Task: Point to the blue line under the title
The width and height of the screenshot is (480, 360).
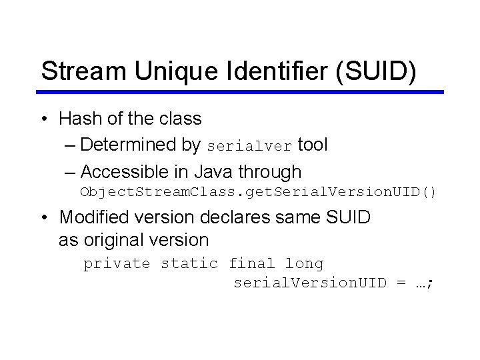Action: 240,92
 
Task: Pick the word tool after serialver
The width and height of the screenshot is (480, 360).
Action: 313,145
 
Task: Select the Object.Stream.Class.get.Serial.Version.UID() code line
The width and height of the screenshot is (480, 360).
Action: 258,193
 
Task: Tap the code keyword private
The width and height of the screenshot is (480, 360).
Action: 117,264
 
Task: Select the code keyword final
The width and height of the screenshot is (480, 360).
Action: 251,264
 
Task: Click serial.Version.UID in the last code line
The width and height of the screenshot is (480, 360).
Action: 309,283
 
